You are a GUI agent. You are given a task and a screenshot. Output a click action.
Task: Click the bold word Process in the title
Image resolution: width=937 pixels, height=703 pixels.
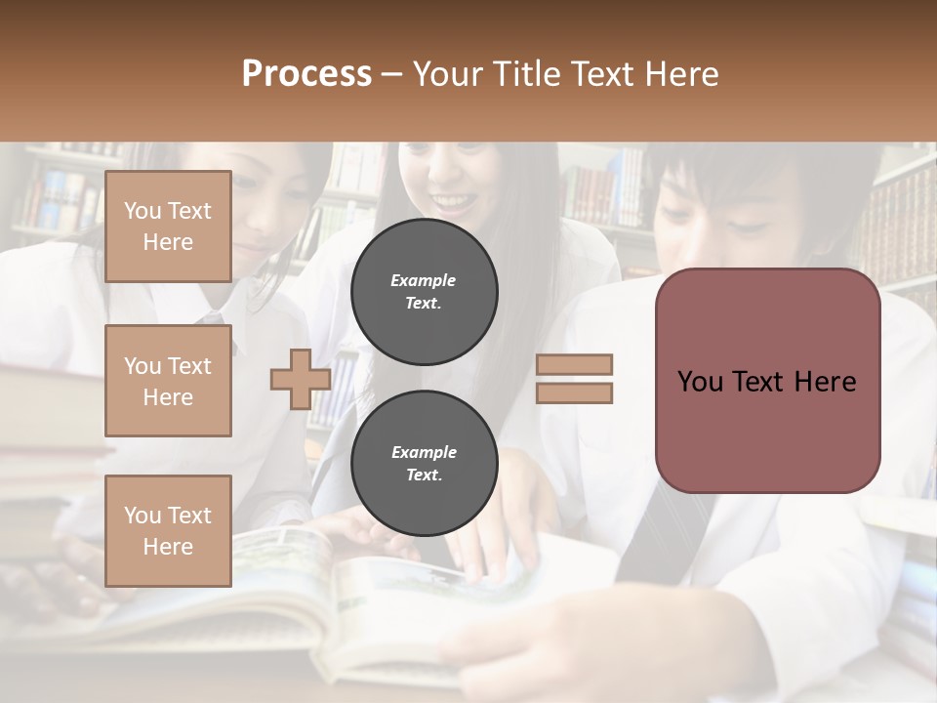tap(306, 74)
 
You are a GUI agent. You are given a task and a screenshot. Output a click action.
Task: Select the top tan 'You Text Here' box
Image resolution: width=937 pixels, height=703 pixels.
tap(168, 227)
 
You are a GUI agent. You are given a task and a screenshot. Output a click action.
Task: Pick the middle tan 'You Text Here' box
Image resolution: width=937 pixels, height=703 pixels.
tap(168, 381)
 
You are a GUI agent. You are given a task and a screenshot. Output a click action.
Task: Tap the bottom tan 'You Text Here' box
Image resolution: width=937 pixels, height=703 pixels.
tap(168, 530)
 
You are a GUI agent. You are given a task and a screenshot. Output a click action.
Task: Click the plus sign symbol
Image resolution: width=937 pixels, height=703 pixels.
tap(301, 379)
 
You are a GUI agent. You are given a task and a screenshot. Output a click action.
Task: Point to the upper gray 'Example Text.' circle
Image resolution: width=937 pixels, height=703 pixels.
tap(424, 291)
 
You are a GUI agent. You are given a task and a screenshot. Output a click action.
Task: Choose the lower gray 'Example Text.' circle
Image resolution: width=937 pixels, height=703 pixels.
tap(424, 463)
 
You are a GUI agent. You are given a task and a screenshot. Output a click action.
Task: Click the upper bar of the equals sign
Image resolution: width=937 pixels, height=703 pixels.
tap(574, 365)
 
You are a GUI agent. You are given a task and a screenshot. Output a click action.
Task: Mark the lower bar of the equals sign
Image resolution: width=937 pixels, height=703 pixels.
tap(574, 393)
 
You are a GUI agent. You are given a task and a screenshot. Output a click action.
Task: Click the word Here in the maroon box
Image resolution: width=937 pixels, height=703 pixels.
tap(825, 381)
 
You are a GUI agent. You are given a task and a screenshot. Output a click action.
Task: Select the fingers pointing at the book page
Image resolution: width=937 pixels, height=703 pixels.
tap(483, 557)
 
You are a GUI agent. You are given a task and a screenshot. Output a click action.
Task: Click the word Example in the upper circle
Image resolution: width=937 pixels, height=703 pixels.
tap(424, 280)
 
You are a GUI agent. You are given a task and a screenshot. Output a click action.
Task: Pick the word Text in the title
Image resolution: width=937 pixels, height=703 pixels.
tap(608, 74)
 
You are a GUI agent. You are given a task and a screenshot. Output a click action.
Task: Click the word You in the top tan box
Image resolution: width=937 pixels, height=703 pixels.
tap(142, 211)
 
